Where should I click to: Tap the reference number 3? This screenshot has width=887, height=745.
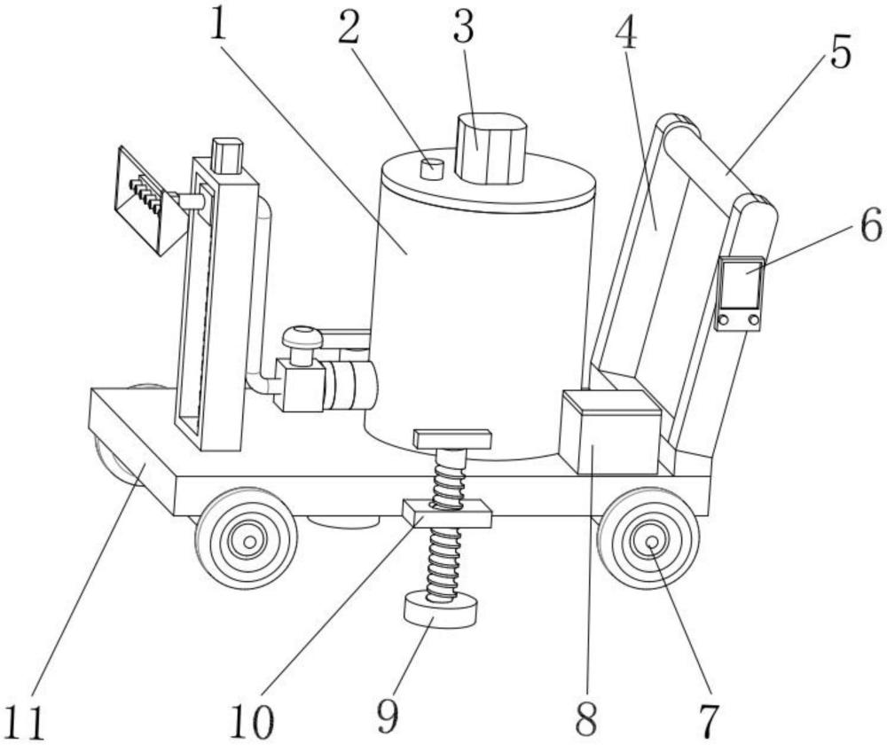463,28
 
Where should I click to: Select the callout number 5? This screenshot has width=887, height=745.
841,52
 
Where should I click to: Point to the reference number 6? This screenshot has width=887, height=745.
871,224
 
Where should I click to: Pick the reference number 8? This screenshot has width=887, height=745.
585,719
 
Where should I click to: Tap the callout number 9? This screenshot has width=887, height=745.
388,715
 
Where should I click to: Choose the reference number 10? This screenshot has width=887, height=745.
252,722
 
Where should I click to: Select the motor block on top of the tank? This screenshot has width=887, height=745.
491,148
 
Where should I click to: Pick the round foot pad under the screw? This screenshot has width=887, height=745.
441,610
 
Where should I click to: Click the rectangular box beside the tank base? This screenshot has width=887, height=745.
610,433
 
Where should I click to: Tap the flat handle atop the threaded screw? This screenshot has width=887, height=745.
452,439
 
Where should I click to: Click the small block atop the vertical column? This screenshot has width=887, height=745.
227,155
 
